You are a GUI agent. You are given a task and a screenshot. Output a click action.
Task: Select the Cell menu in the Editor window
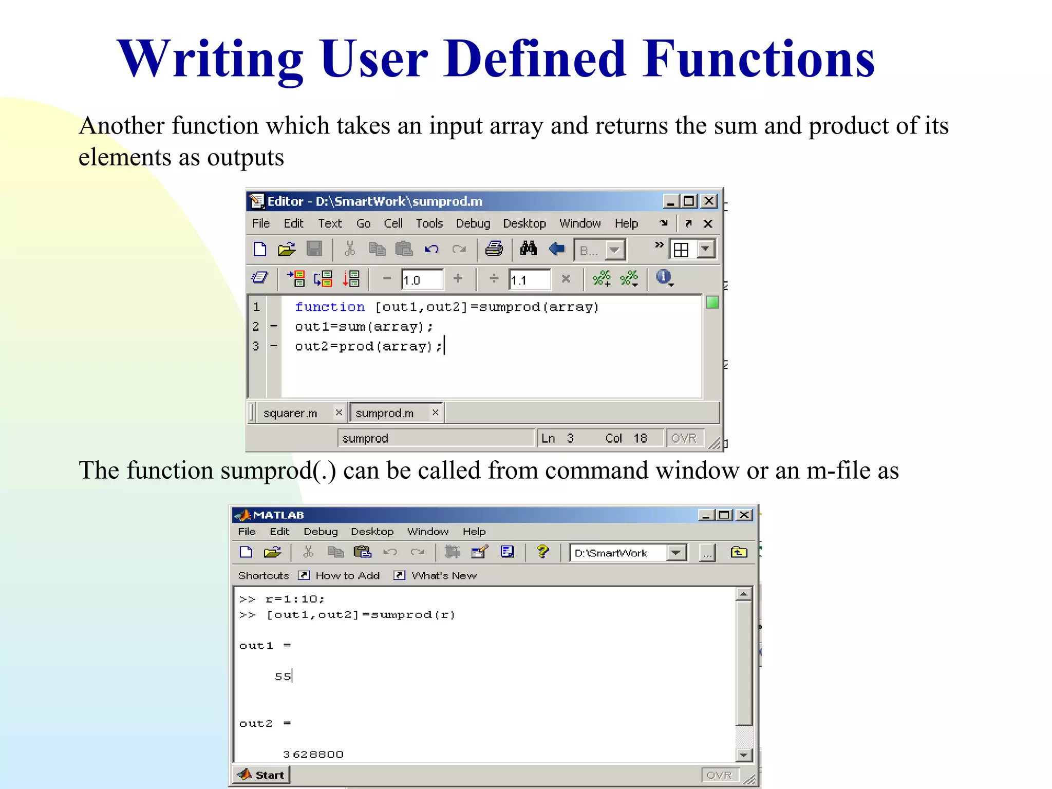point(393,223)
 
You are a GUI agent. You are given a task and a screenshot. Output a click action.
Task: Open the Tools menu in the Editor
point(429,223)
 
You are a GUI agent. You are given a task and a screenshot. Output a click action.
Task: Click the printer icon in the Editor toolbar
point(494,249)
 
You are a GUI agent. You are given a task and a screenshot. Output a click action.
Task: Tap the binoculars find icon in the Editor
point(528,249)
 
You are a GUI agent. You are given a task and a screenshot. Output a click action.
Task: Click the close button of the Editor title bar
point(709,201)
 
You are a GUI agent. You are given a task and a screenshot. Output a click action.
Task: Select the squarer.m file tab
point(290,413)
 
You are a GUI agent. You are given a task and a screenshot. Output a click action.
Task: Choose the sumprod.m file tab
point(384,413)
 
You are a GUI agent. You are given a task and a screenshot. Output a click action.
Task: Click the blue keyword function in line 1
point(330,307)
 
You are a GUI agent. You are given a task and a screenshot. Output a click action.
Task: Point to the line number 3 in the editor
point(256,346)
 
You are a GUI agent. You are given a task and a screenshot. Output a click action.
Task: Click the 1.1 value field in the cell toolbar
point(529,280)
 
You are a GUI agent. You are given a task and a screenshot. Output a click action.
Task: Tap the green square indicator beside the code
point(712,303)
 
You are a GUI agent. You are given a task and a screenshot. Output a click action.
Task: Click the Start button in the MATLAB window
point(262,775)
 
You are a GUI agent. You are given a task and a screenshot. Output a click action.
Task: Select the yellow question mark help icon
point(542,552)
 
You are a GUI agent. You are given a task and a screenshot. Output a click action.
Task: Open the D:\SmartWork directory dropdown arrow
point(677,553)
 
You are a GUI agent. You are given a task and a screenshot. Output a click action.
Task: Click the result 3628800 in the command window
point(313,754)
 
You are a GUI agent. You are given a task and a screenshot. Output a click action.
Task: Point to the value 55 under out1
point(283,677)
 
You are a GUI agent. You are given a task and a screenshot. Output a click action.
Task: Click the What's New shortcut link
point(444,575)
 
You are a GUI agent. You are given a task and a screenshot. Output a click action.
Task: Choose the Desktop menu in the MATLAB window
point(372,532)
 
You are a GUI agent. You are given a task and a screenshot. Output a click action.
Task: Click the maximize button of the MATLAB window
point(724,515)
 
